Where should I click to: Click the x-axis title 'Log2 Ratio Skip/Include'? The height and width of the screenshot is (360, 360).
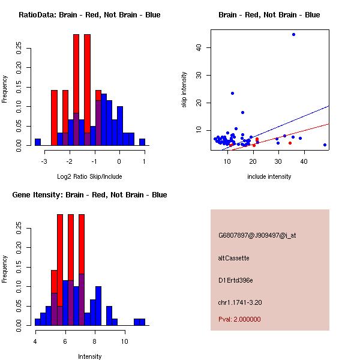(89, 176)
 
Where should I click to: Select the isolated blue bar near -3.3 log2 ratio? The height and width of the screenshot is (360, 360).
(37, 142)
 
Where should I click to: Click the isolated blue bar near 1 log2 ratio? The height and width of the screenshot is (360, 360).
(142, 142)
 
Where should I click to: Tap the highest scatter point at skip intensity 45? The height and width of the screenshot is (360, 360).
(293, 34)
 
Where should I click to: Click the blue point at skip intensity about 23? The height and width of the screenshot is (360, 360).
(232, 93)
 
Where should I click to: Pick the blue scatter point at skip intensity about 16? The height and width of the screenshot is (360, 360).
(242, 112)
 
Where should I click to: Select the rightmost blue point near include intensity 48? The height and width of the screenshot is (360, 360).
(325, 145)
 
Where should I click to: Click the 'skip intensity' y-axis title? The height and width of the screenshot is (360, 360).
(185, 89)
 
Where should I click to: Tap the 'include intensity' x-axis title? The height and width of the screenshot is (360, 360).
(269, 176)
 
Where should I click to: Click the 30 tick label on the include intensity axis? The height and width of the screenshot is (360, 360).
(278, 161)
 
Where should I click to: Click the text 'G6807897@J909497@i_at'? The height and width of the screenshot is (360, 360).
(257, 235)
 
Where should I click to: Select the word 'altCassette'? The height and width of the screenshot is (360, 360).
(234, 258)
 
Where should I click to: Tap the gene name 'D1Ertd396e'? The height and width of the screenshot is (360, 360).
(236, 280)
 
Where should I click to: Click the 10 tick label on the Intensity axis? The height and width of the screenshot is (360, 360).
(124, 341)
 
